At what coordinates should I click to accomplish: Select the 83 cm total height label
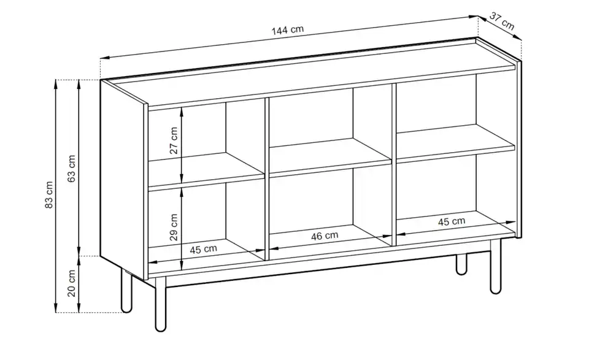pos(50,194)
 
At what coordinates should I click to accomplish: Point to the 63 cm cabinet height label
pos(72,168)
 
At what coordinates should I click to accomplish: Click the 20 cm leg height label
pos(72,283)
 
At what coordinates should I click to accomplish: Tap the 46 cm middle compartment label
pos(324,236)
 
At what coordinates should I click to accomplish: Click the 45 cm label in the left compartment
pos(203,249)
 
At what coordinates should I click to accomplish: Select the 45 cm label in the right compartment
pos(451,221)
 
